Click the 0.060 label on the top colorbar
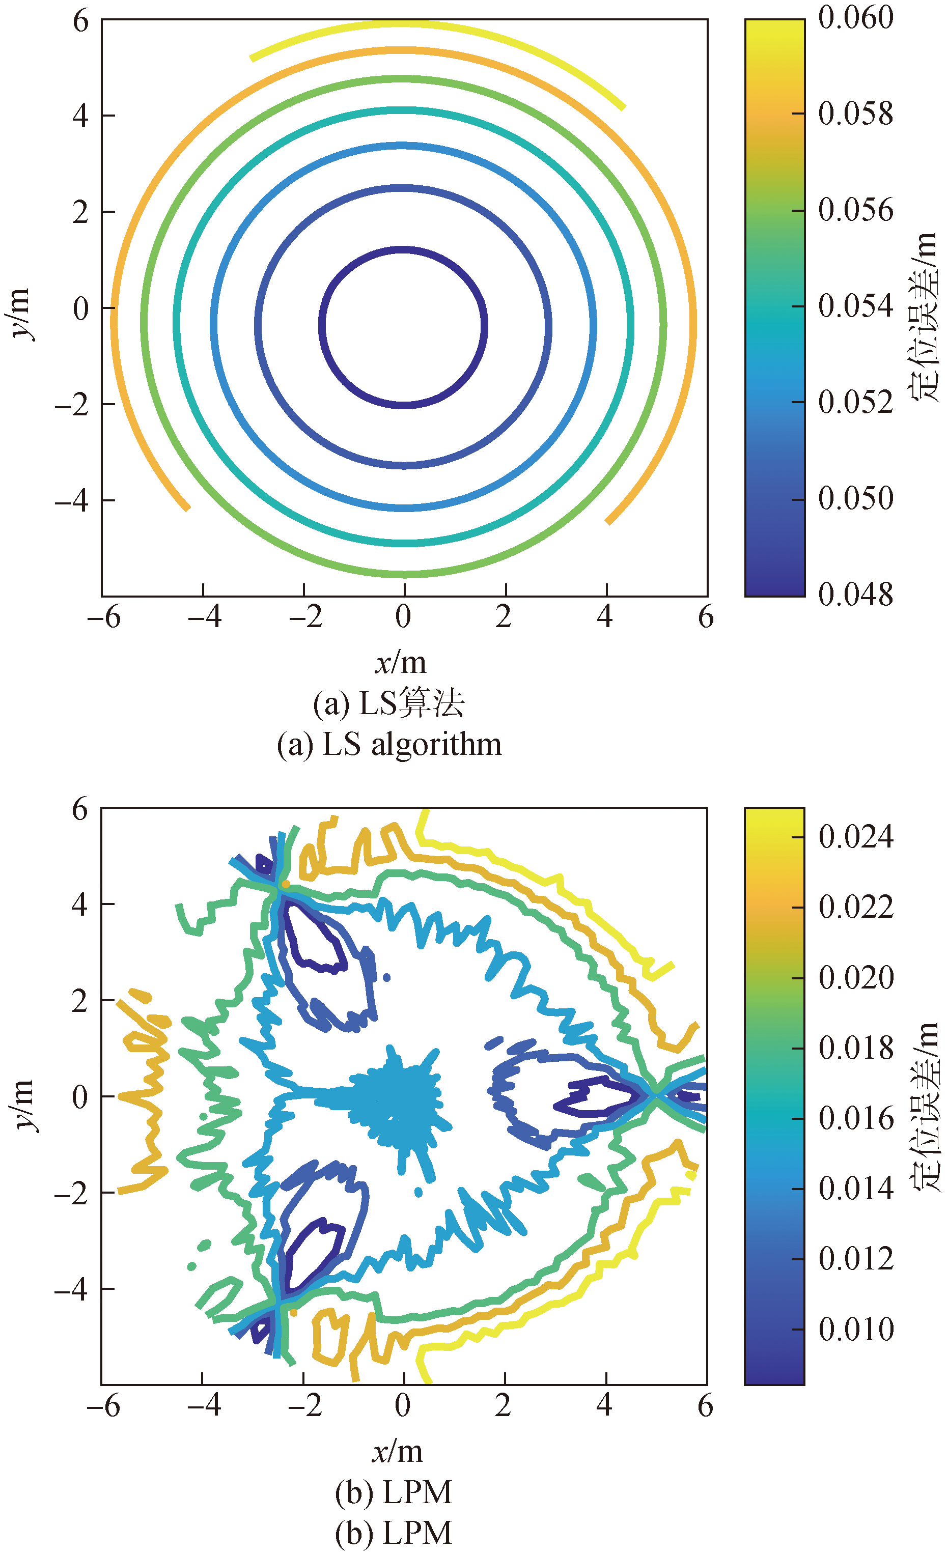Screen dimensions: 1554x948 click(x=855, y=18)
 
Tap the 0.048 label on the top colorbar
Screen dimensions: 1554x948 click(x=855, y=594)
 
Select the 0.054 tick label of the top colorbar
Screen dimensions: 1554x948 click(x=855, y=306)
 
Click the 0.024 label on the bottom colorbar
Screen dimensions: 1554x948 click(x=855, y=837)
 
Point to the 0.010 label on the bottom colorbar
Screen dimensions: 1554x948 click(x=855, y=1330)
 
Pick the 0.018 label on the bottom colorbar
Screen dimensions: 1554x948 click(x=855, y=1048)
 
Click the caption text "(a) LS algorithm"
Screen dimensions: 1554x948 click(x=389, y=744)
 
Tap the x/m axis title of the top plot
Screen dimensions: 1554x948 click(x=401, y=663)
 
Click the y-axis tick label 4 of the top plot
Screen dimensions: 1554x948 click(x=80, y=116)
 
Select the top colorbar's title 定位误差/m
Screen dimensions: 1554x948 click(x=924, y=317)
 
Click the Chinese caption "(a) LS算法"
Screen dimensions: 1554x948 click(x=388, y=703)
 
